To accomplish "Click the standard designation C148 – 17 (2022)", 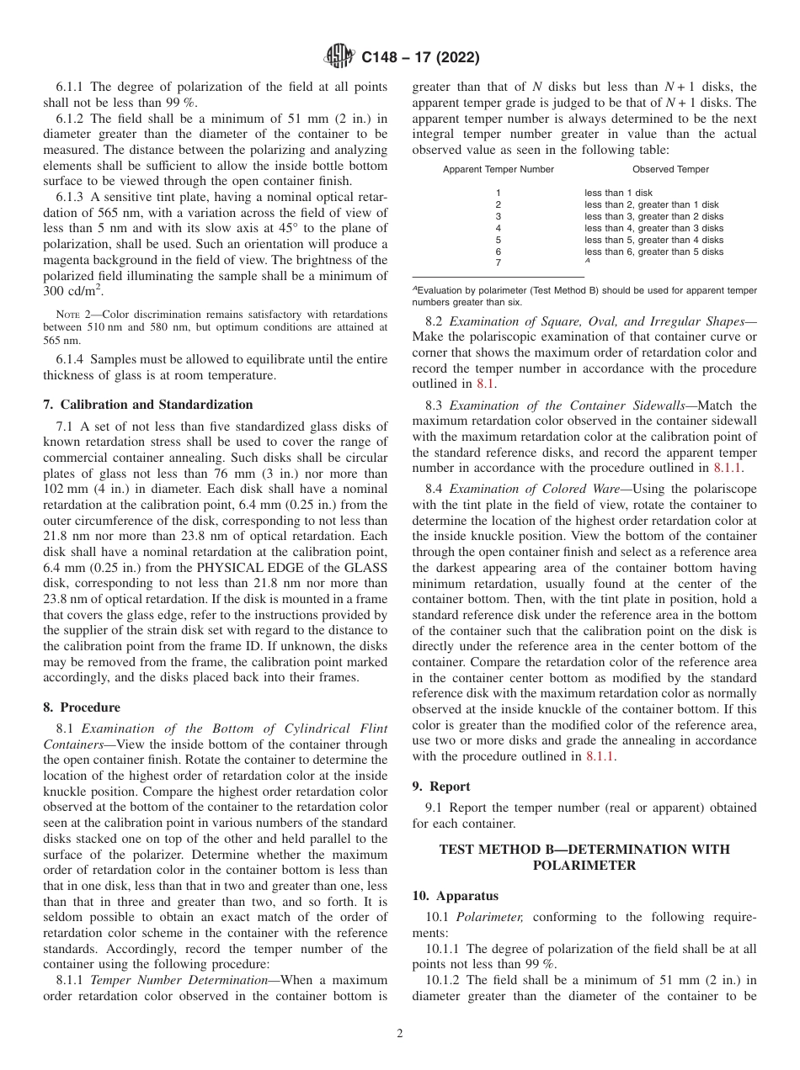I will tap(420, 58).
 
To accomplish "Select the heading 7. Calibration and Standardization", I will tap(147, 405).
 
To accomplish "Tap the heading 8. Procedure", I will tap(82, 707).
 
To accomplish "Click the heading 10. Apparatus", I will tap(455, 897).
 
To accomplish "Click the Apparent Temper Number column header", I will tap(499, 169).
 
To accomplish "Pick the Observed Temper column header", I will tap(670, 169).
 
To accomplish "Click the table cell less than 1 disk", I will tap(618, 193).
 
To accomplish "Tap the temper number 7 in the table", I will tap(499, 263).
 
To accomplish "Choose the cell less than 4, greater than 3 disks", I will tap(653, 228).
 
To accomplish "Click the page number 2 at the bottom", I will tap(400, 1035).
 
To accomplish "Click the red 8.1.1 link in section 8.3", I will tap(728, 467).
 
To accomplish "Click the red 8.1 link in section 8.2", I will tap(485, 384).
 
